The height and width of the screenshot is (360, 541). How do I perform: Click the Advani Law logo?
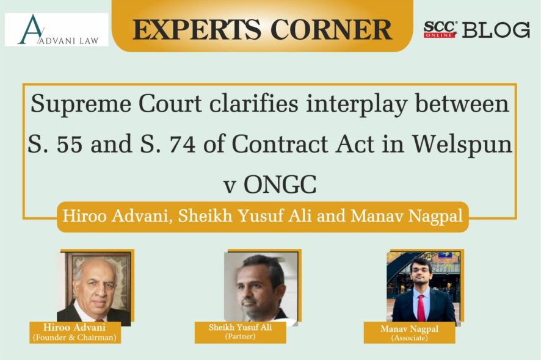click(57, 30)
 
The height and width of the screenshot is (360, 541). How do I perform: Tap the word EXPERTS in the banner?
click(197, 30)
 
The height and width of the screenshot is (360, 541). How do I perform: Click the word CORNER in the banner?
click(332, 30)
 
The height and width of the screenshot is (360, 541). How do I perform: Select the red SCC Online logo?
click(440, 29)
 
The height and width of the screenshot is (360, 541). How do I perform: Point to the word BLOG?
click(496, 30)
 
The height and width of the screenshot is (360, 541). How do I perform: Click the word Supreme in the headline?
click(81, 104)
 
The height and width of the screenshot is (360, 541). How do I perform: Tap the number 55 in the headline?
click(70, 144)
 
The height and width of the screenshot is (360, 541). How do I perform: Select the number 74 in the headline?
click(182, 144)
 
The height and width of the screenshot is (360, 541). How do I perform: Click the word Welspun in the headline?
click(462, 145)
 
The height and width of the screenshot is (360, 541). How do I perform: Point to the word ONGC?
click(280, 184)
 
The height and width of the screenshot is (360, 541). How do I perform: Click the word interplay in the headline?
click(356, 104)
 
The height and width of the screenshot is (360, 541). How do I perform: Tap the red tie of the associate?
click(421, 308)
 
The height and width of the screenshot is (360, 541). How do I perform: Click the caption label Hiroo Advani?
click(74, 327)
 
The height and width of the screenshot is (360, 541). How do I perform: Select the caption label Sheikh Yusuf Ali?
click(240, 327)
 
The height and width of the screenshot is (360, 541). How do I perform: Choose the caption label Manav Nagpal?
click(409, 329)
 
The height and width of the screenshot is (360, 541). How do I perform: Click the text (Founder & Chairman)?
click(74, 337)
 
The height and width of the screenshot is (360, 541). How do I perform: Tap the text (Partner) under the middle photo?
click(240, 336)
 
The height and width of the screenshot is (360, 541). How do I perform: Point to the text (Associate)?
click(410, 338)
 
